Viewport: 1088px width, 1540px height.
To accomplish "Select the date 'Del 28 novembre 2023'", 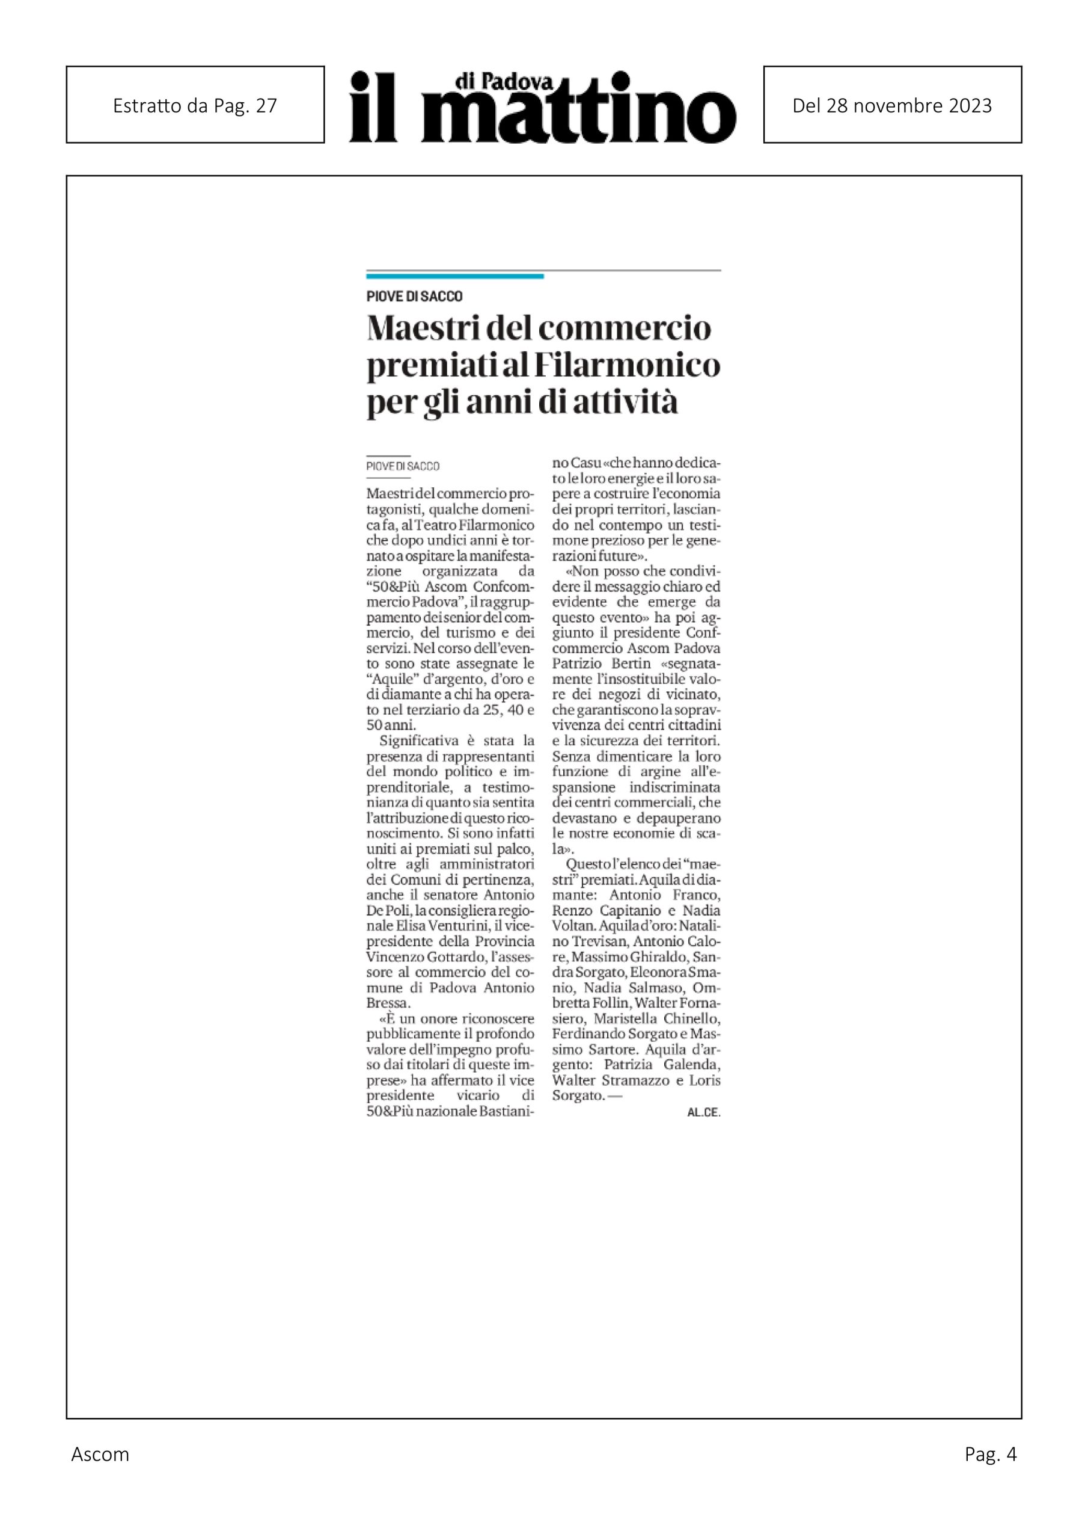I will [x=891, y=105].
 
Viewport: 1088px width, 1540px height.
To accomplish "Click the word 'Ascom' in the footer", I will [x=100, y=1473].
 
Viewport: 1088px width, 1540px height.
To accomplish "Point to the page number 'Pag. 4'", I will [x=990, y=1473].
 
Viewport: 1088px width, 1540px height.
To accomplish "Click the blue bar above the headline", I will [x=454, y=276].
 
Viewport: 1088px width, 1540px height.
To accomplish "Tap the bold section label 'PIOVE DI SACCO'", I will [x=414, y=296].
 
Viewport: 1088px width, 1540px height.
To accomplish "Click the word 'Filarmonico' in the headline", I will [x=627, y=366].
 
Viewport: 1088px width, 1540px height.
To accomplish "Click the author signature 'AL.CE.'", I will [x=703, y=1112].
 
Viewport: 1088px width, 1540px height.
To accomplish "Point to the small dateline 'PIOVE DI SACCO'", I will [x=403, y=466].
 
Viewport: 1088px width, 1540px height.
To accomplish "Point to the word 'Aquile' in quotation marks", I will [x=395, y=679].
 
